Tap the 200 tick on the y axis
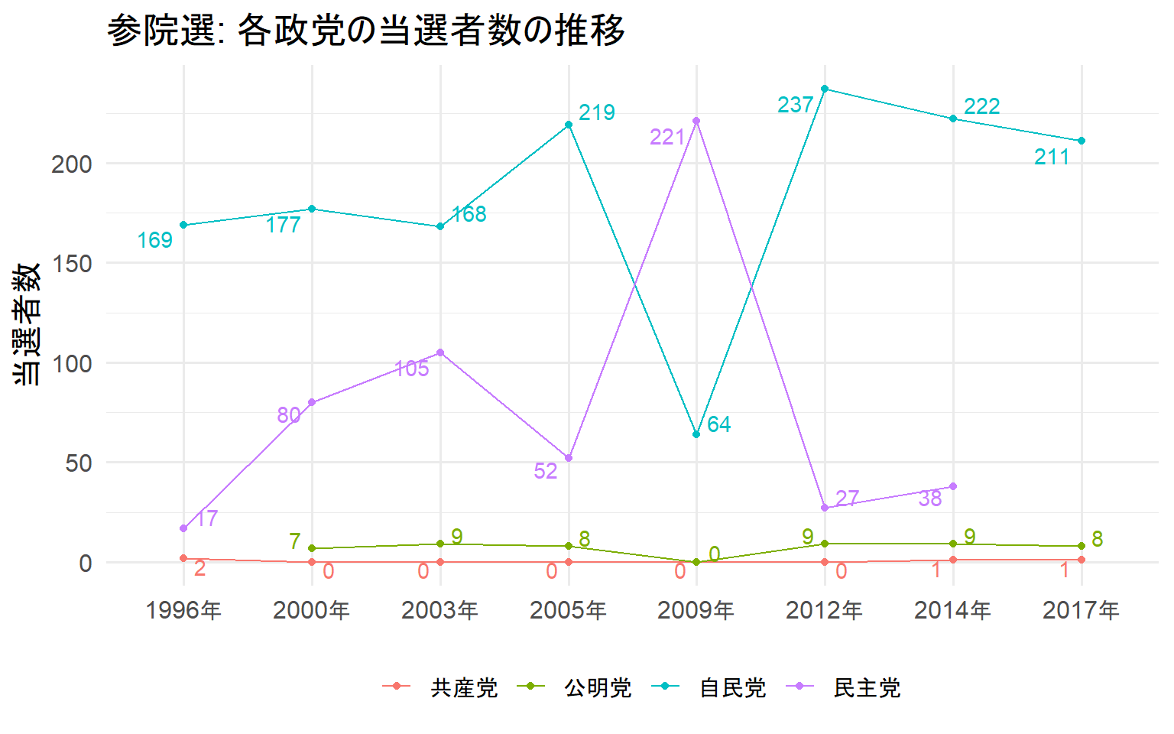point(72,164)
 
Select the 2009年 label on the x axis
point(696,610)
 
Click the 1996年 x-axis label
point(183,610)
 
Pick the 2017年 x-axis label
point(1081,610)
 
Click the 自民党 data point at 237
point(825,89)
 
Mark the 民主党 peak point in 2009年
point(696,121)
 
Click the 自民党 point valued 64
point(696,434)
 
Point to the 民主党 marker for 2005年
point(569,458)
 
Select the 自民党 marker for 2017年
point(1082,141)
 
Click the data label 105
point(412,369)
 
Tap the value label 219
point(597,113)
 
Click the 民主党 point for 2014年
point(953,486)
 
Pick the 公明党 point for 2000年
point(312,548)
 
